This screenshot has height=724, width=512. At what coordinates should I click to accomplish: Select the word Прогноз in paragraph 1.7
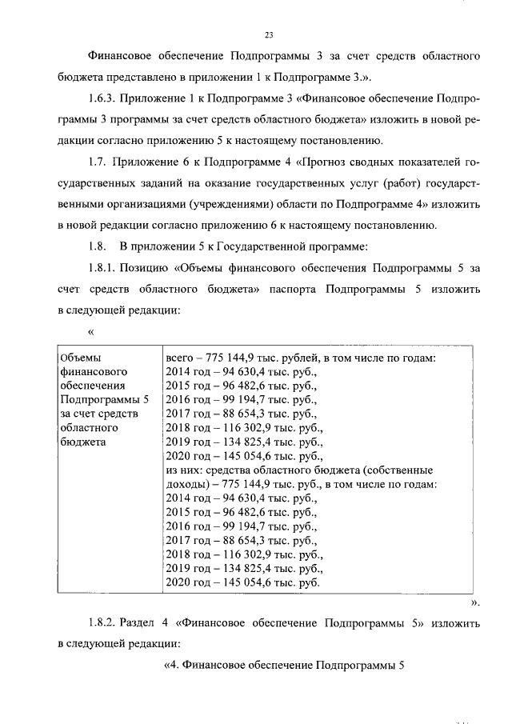325,162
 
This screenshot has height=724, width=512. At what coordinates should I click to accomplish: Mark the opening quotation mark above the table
90,331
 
